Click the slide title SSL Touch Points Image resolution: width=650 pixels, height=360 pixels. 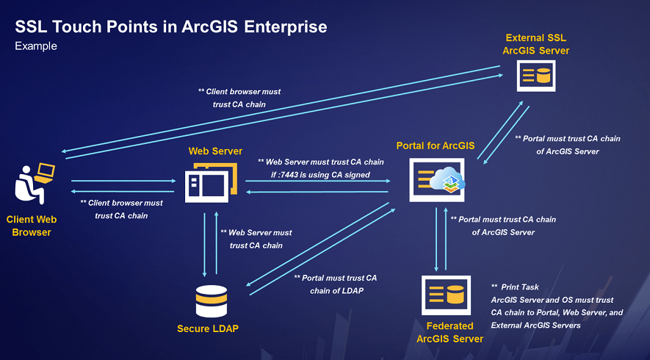click(171, 27)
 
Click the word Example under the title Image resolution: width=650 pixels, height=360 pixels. click(36, 46)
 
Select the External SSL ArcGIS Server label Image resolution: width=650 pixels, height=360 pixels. click(535, 44)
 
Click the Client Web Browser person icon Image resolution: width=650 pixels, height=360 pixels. click(32, 184)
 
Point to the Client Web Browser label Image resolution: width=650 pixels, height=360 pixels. click(32, 226)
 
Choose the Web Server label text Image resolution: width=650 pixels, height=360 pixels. click(215, 151)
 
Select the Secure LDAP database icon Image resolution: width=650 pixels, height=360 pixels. click(211, 300)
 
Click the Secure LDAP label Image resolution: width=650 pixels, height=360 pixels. click(208, 328)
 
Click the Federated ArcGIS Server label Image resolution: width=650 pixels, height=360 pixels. click(449, 332)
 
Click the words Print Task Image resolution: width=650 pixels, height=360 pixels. click(519, 287)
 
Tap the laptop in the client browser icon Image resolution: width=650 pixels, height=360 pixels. click(45, 173)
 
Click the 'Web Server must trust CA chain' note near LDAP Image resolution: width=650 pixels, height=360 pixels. click(256, 239)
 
